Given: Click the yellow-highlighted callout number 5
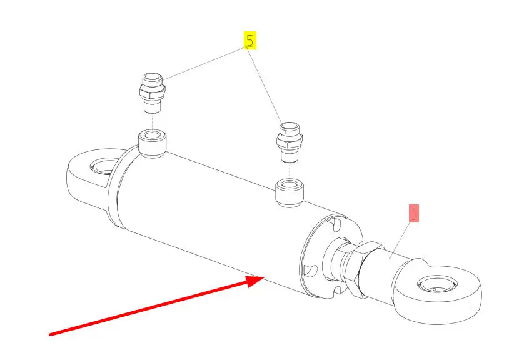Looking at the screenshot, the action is pos(249,41).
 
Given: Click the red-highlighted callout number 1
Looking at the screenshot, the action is pos(413,214).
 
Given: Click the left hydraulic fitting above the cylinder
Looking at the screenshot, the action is pos(151,92).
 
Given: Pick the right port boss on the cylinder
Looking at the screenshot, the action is pos(290,193).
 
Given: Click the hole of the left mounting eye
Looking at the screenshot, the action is pos(101,167).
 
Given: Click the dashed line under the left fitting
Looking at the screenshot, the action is pos(151,121).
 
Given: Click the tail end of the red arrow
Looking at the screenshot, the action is pos(51,334).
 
